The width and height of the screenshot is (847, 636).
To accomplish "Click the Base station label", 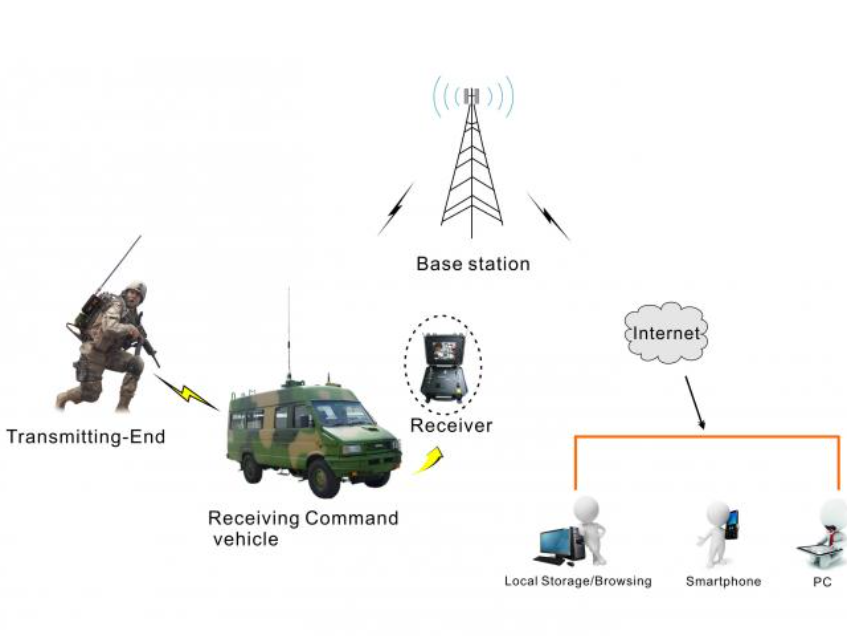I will [473, 265].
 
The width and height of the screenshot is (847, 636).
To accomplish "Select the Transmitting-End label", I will [86, 437].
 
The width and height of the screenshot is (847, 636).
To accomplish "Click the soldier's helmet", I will [135, 290].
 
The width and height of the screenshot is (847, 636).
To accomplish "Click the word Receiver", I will [451, 426].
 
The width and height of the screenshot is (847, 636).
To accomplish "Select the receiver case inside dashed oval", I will [442, 365].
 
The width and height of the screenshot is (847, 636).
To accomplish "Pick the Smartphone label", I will [723, 581].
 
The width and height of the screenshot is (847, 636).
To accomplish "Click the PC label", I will [822, 581].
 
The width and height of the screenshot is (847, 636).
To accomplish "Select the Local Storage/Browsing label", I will [578, 581].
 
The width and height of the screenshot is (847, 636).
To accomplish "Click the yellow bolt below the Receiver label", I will [429, 460].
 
